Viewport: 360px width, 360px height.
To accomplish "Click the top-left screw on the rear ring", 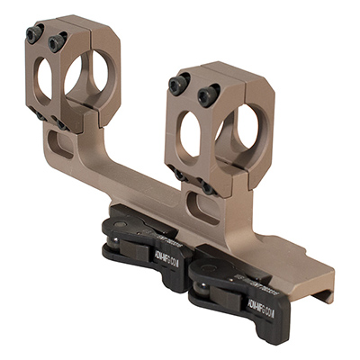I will [34, 33].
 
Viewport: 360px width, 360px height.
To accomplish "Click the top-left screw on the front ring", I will [179, 84].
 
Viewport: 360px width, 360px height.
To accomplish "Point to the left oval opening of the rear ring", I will [43, 80].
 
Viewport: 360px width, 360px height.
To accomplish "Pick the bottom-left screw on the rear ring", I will [37, 116].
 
